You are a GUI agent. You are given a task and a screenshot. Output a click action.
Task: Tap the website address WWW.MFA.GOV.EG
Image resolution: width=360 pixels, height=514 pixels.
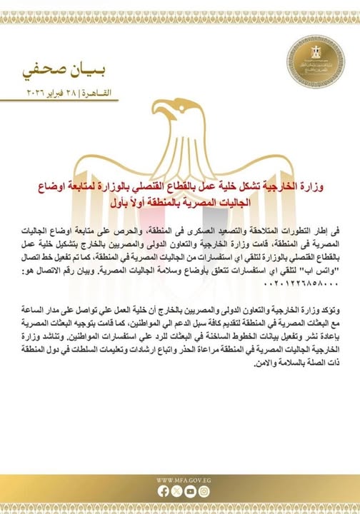(x=179, y=480)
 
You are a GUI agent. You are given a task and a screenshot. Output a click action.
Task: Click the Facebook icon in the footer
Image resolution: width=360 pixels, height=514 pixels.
(x=164, y=491)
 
